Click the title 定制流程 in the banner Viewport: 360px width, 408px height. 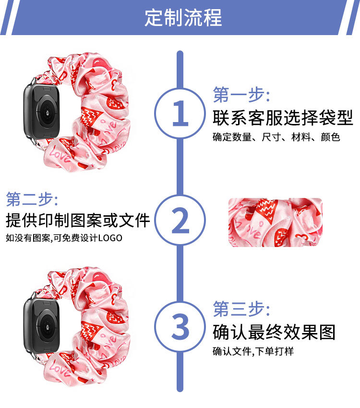[183, 17]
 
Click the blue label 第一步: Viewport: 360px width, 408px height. [241, 95]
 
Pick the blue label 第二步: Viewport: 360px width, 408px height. [32, 199]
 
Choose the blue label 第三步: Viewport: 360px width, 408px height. [241, 309]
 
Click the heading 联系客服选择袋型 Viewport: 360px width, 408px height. [283, 118]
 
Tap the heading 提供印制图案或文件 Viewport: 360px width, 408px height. [78, 220]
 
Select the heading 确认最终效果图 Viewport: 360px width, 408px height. [274, 332]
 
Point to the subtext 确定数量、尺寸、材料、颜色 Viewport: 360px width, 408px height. [276, 137]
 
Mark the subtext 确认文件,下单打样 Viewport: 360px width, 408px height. [253, 351]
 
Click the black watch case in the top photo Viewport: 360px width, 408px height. [42, 112]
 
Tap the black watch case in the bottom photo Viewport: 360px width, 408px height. [42, 326]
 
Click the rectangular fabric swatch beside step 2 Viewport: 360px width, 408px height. [276, 223]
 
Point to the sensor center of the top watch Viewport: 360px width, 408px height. [48, 112]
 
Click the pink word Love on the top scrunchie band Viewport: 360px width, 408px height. [60, 155]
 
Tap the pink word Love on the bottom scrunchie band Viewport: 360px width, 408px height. [60, 370]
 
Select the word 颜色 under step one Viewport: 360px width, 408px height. [330, 137]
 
